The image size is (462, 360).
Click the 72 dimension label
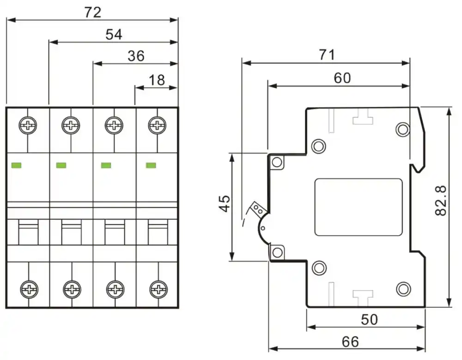[92, 12]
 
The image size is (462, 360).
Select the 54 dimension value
[114, 35]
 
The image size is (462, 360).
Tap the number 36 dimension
[136, 56]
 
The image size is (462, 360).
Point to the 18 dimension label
[157, 80]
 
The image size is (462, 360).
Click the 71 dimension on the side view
[327, 55]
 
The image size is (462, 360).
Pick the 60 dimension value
[342, 78]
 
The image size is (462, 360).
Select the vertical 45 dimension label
[225, 203]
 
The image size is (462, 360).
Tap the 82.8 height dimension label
[441, 200]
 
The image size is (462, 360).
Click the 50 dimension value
[369, 319]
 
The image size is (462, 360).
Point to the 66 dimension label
[350, 342]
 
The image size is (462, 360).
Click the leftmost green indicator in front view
[16, 165]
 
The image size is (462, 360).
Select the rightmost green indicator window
[151, 165]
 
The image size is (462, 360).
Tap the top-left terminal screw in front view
[28, 126]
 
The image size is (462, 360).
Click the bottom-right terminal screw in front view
[158, 289]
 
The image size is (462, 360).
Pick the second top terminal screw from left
[71, 126]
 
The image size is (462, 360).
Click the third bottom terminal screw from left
[115, 289]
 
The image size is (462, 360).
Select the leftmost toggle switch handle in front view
[28, 232]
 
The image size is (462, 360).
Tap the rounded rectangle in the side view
[359, 207]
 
